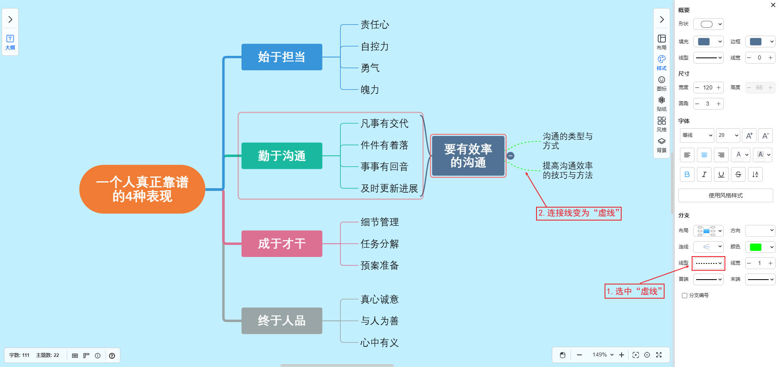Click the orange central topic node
(x=142, y=189)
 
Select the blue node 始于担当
(x=282, y=57)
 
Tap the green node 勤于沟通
(x=282, y=156)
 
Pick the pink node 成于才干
(x=282, y=244)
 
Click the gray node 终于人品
(x=282, y=321)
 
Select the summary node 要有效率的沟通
(x=468, y=156)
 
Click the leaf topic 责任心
(x=374, y=25)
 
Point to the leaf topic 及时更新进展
(x=389, y=189)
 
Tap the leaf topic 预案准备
(x=379, y=265)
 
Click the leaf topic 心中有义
(x=379, y=343)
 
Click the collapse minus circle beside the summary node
(x=511, y=156)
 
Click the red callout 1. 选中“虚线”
(x=634, y=291)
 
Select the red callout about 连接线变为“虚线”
(x=578, y=213)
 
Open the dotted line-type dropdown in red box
(x=708, y=263)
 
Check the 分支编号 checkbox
(x=684, y=296)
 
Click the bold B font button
(x=687, y=174)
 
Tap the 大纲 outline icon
(x=10, y=42)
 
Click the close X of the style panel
(x=773, y=5)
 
